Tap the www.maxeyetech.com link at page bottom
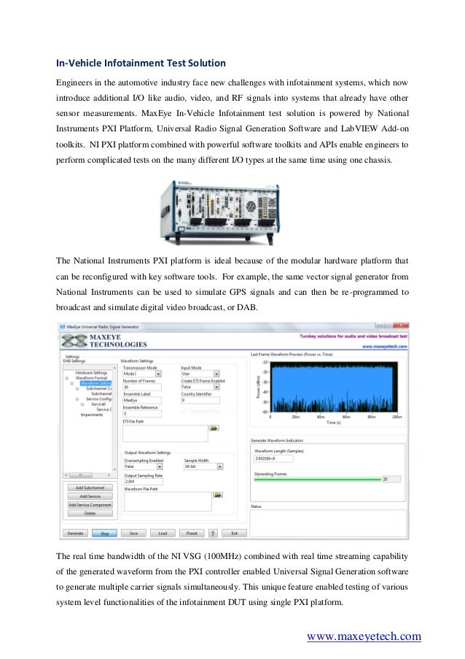[x=364, y=636]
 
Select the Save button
[x=133, y=533]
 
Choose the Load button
[x=163, y=533]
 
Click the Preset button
[x=192, y=533]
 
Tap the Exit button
[x=234, y=533]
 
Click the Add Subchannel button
[x=90, y=487]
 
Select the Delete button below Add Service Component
[x=90, y=513]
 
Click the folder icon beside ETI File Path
[x=214, y=429]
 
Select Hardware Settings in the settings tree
[x=91, y=372]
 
